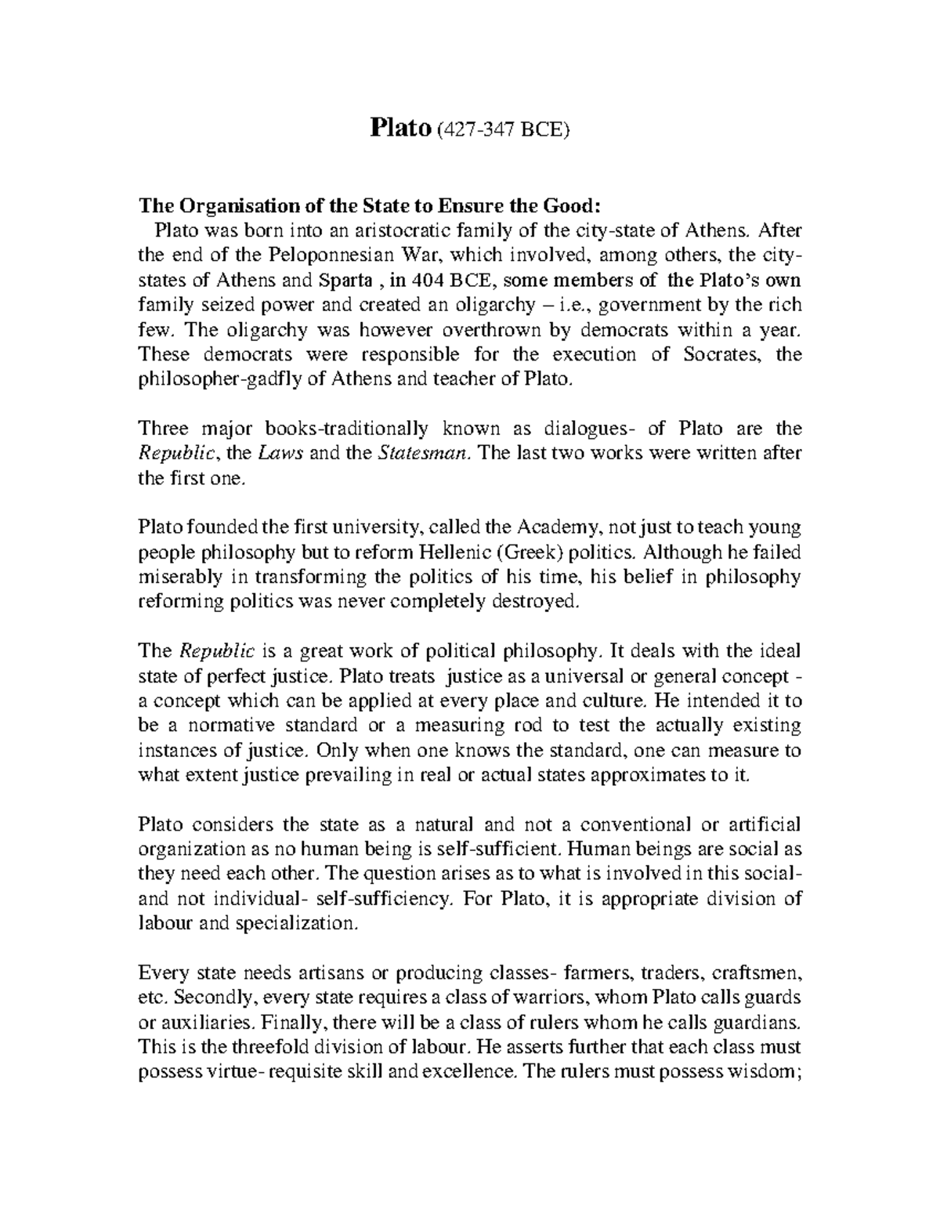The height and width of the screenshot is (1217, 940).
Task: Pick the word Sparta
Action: pos(344,280)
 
